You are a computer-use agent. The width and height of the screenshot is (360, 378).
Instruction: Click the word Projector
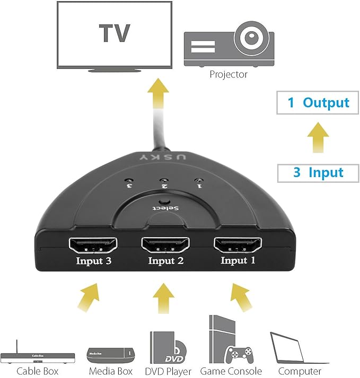(229, 74)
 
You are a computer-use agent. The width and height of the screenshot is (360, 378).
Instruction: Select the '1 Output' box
(318, 102)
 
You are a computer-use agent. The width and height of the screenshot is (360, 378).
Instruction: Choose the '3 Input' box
(318, 172)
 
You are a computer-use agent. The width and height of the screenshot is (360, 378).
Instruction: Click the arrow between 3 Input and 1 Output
(318, 137)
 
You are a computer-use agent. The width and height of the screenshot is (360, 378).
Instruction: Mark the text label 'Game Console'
(231, 371)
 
